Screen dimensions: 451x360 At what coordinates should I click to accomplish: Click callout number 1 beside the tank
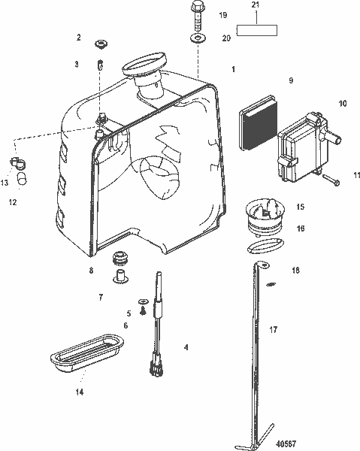pos(234,69)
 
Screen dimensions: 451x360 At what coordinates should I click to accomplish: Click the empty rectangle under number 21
pos(258,31)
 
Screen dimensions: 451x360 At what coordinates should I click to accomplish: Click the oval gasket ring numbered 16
pos(265,244)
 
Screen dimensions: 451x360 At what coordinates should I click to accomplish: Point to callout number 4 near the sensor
pos(186,347)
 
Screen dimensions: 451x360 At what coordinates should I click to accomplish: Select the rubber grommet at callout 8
pos(118,260)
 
